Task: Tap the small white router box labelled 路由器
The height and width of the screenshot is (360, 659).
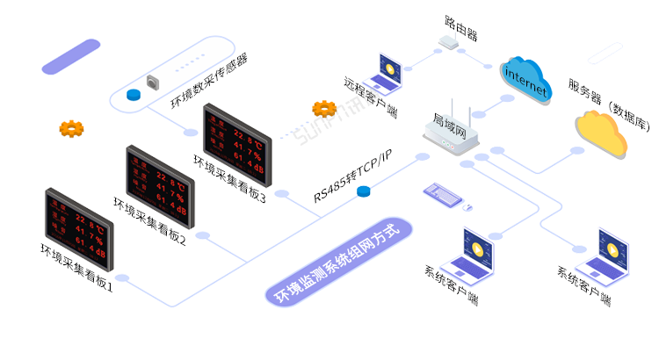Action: [x=450, y=41]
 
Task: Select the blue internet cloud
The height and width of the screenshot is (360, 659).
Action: [x=526, y=80]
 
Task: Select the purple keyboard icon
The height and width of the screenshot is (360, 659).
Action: [x=443, y=193]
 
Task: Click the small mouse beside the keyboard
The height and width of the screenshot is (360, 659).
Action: [x=467, y=208]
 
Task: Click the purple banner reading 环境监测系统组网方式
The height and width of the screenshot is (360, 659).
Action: [x=337, y=262]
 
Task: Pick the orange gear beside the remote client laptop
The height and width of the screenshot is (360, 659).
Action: [x=324, y=109]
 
